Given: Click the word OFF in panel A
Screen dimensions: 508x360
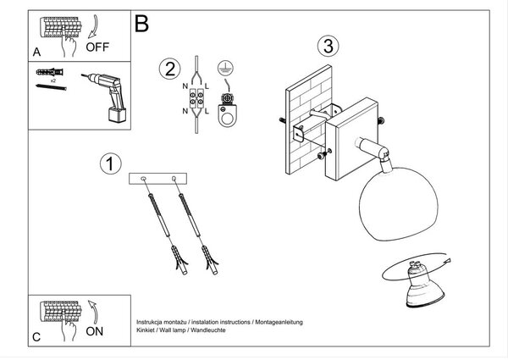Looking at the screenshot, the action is pyautogui.click(x=97, y=47).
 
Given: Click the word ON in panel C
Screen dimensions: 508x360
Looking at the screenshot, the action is pyautogui.click(x=94, y=331).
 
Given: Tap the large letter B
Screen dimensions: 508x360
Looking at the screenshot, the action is pyautogui.click(x=141, y=24).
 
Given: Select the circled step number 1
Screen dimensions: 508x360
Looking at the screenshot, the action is pyautogui.click(x=111, y=163).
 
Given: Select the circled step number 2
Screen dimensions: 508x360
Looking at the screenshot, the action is pyautogui.click(x=170, y=69).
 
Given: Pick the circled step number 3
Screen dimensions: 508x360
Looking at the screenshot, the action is pyautogui.click(x=329, y=46).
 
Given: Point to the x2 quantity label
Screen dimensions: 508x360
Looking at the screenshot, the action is pyautogui.click(x=53, y=80).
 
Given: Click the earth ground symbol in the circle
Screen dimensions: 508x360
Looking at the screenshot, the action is pyautogui.click(x=225, y=68).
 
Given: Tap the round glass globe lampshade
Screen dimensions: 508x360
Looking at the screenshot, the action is pyautogui.click(x=399, y=203).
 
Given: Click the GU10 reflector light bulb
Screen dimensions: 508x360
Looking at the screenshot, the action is pyautogui.click(x=424, y=285).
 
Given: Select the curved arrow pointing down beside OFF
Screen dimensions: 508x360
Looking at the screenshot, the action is pyautogui.click(x=93, y=27).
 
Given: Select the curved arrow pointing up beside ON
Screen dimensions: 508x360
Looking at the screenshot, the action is pyautogui.click(x=93, y=312).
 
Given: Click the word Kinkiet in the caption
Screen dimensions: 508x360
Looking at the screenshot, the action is pyautogui.click(x=145, y=330).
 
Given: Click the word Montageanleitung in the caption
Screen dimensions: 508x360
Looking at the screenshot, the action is pyautogui.click(x=279, y=322).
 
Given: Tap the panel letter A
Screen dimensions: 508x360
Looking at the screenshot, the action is pyautogui.click(x=37, y=52).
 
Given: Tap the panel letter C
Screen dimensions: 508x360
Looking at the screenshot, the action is pyautogui.click(x=36, y=337).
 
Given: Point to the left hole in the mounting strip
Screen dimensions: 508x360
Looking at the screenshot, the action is pyautogui.click(x=143, y=179).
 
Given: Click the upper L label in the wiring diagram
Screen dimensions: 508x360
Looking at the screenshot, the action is pyautogui.click(x=207, y=86).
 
